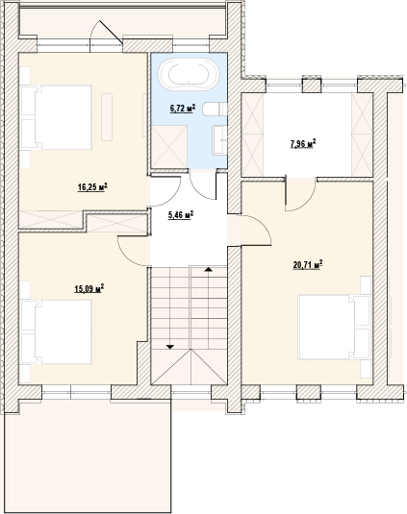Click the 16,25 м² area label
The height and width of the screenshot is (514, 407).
pos(93,187)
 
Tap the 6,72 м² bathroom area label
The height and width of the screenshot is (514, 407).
pos(183,109)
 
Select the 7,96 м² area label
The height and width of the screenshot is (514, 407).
pos(303,143)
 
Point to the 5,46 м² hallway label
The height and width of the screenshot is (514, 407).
pos(181,215)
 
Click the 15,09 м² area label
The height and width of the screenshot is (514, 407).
pos(89,288)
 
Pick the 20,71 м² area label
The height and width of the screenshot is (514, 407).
pos(308,264)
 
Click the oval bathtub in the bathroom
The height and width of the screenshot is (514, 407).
pos(189,74)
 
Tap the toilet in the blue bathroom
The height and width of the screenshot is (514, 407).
pos(215,110)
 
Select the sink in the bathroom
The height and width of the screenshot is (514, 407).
pos(220,139)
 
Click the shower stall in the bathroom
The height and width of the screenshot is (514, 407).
pos(169,147)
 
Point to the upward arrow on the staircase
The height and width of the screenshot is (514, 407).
pos(208,269)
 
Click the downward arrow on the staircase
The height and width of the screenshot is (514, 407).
pos(170,347)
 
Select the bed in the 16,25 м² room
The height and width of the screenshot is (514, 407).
pos(56,117)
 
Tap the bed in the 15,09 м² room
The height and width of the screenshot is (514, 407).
pos(56,331)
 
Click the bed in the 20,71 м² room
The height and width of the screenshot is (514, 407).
pos(334,327)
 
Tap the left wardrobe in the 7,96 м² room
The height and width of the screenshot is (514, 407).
pos(252,135)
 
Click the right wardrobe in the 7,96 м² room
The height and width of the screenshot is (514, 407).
pos(362,135)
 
